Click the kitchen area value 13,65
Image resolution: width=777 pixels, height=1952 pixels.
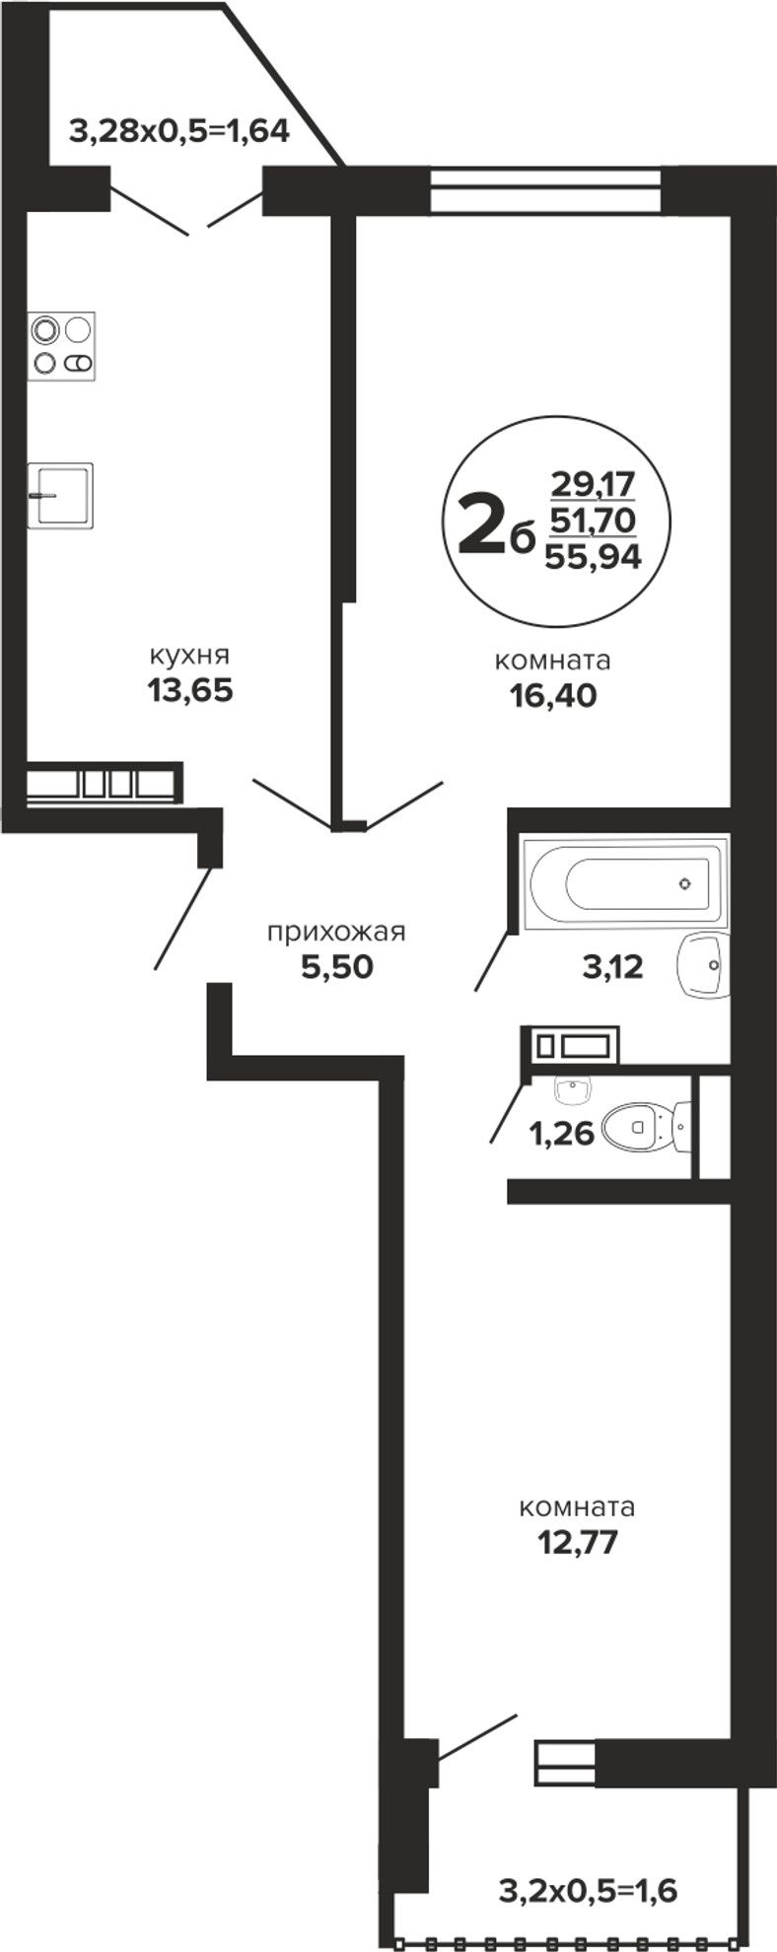pyautogui.click(x=190, y=690)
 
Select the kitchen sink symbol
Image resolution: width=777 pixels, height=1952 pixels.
pyautogui.click(x=60, y=495)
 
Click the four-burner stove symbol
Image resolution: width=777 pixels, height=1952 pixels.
pyautogui.click(x=61, y=345)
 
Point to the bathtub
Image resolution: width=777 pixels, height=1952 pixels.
pyautogui.click(x=623, y=883)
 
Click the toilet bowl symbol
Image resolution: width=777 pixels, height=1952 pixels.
pyautogui.click(x=645, y=1125)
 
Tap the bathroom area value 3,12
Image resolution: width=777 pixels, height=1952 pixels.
pyautogui.click(x=612, y=967)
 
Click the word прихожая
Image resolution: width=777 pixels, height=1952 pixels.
pyautogui.click(x=336, y=932)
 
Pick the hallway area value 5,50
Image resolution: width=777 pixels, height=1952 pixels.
pyautogui.click(x=337, y=967)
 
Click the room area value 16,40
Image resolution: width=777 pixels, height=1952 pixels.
pyautogui.click(x=553, y=696)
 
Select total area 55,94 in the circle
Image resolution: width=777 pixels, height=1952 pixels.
pyautogui.click(x=594, y=557)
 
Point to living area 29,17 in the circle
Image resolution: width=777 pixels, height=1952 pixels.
pyautogui.click(x=594, y=484)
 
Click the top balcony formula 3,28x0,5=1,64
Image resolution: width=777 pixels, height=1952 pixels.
pyautogui.click(x=179, y=130)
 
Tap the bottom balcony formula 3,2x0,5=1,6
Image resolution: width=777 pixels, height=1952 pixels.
pyautogui.click(x=589, y=1891)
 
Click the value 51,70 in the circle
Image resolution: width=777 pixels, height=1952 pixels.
pyautogui.click(x=594, y=519)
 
